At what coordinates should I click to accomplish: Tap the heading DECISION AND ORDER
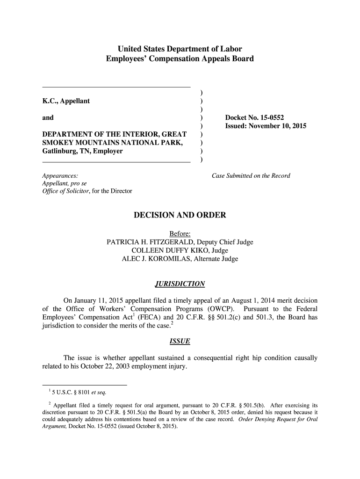pos(180,215)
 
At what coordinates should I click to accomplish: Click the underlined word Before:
pos(180,234)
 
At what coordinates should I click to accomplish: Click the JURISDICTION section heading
pos(180,284)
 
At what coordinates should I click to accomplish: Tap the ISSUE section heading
pos(180,341)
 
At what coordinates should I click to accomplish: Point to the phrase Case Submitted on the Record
pos(251,176)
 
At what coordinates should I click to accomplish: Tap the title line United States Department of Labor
pos(180,49)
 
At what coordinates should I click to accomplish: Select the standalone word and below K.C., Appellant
pos(48,118)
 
